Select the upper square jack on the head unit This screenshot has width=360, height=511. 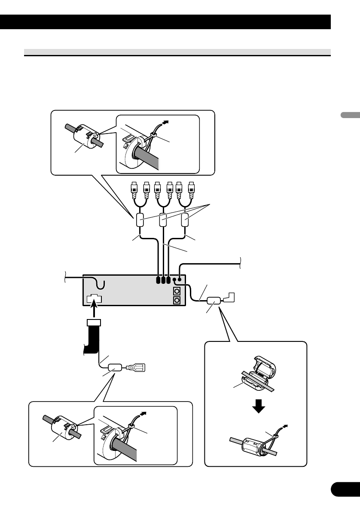tap(176, 291)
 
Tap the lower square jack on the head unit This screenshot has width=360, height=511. tap(176, 301)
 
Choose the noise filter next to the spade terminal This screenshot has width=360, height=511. tap(115, 368)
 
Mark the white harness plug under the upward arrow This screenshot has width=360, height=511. tap(94, 322)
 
